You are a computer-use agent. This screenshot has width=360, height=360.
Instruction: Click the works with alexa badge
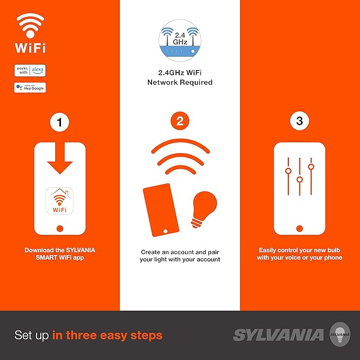[30, 71]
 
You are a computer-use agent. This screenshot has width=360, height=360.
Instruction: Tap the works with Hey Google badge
[30, 87]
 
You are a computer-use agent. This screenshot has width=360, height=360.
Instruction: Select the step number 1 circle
[60, 122]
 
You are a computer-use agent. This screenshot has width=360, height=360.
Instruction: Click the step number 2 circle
[180, 121]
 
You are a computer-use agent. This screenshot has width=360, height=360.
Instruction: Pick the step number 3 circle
[300, 121]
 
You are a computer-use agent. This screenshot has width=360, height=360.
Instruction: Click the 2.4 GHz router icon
[180, 41]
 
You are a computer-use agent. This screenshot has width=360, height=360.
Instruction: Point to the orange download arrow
[60, 158]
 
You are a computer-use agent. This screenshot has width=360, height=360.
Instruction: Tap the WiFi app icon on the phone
[60, 201]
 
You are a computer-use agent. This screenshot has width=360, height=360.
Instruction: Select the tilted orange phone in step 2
[161, 210]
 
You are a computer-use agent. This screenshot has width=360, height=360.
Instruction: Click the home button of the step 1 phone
[60, 229]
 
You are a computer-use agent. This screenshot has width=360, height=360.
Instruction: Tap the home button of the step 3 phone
[300, 229]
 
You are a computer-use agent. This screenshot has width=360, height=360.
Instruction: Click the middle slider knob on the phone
[300, 179]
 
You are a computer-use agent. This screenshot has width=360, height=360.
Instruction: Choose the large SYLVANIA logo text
[278, 335]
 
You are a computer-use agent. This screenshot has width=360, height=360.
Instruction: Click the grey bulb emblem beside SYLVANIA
[340, 334]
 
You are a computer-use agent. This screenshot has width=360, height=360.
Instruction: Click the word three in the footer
[81, 335]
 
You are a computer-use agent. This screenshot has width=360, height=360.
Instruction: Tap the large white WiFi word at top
[30, 48]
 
